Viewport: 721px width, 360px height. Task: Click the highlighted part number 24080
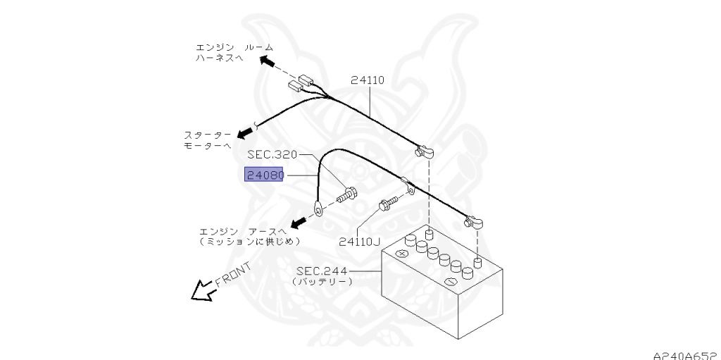[263, 174]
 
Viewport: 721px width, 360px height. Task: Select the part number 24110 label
[368, 80]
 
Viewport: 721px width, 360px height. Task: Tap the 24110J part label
[359, 242]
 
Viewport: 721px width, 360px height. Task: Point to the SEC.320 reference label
[272, 154]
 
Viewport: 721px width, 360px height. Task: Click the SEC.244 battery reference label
[321, 270]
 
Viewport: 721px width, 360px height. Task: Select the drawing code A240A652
[683, 354]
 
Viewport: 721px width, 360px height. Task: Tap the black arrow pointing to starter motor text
[245, 132]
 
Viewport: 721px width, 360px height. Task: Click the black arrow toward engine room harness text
[268, 63]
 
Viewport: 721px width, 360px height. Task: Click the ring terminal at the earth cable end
[318, 208]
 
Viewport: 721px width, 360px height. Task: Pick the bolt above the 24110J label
[386, 205]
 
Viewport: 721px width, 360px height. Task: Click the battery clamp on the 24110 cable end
[425, 151]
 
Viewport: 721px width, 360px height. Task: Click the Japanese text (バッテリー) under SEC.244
[322, 281]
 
